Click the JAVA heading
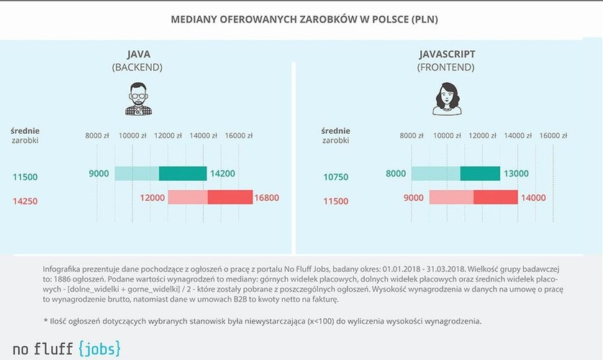pos(137,54)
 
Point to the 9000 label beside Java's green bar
pos(99,174)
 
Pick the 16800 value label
pos(266,197)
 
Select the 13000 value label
pos(515,174)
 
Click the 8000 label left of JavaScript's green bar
pos(396,174)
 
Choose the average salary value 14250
pos(25,202)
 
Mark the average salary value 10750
pos(337,176)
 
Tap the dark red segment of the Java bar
pos(230,197)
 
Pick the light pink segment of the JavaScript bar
pos(451,197)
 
